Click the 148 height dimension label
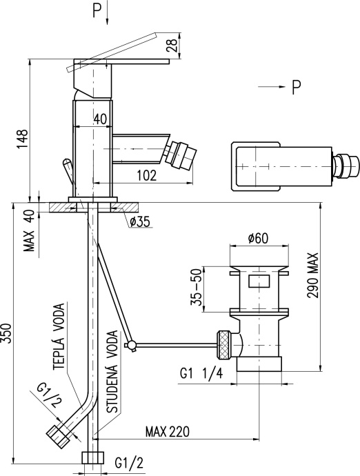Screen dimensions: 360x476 (22, 139)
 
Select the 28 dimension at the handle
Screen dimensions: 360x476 (172, 46)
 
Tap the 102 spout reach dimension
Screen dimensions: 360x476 (147, 175)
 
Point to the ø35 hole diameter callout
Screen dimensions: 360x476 (139, 222)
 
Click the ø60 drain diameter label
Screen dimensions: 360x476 (259, 238)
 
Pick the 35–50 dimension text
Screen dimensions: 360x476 (197, 286)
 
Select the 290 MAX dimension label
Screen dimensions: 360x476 (313, 275)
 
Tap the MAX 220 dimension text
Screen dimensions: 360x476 (167, 431)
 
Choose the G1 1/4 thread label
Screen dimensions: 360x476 (201, 373)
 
